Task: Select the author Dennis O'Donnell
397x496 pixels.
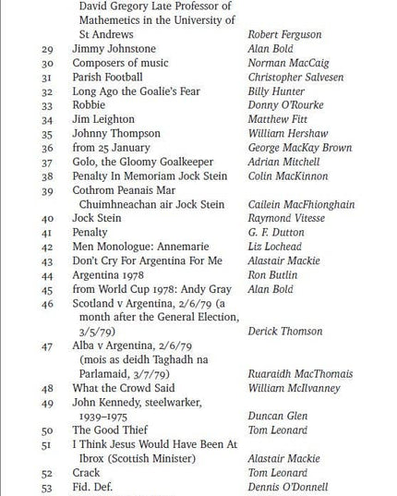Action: [x=290, y=487]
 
